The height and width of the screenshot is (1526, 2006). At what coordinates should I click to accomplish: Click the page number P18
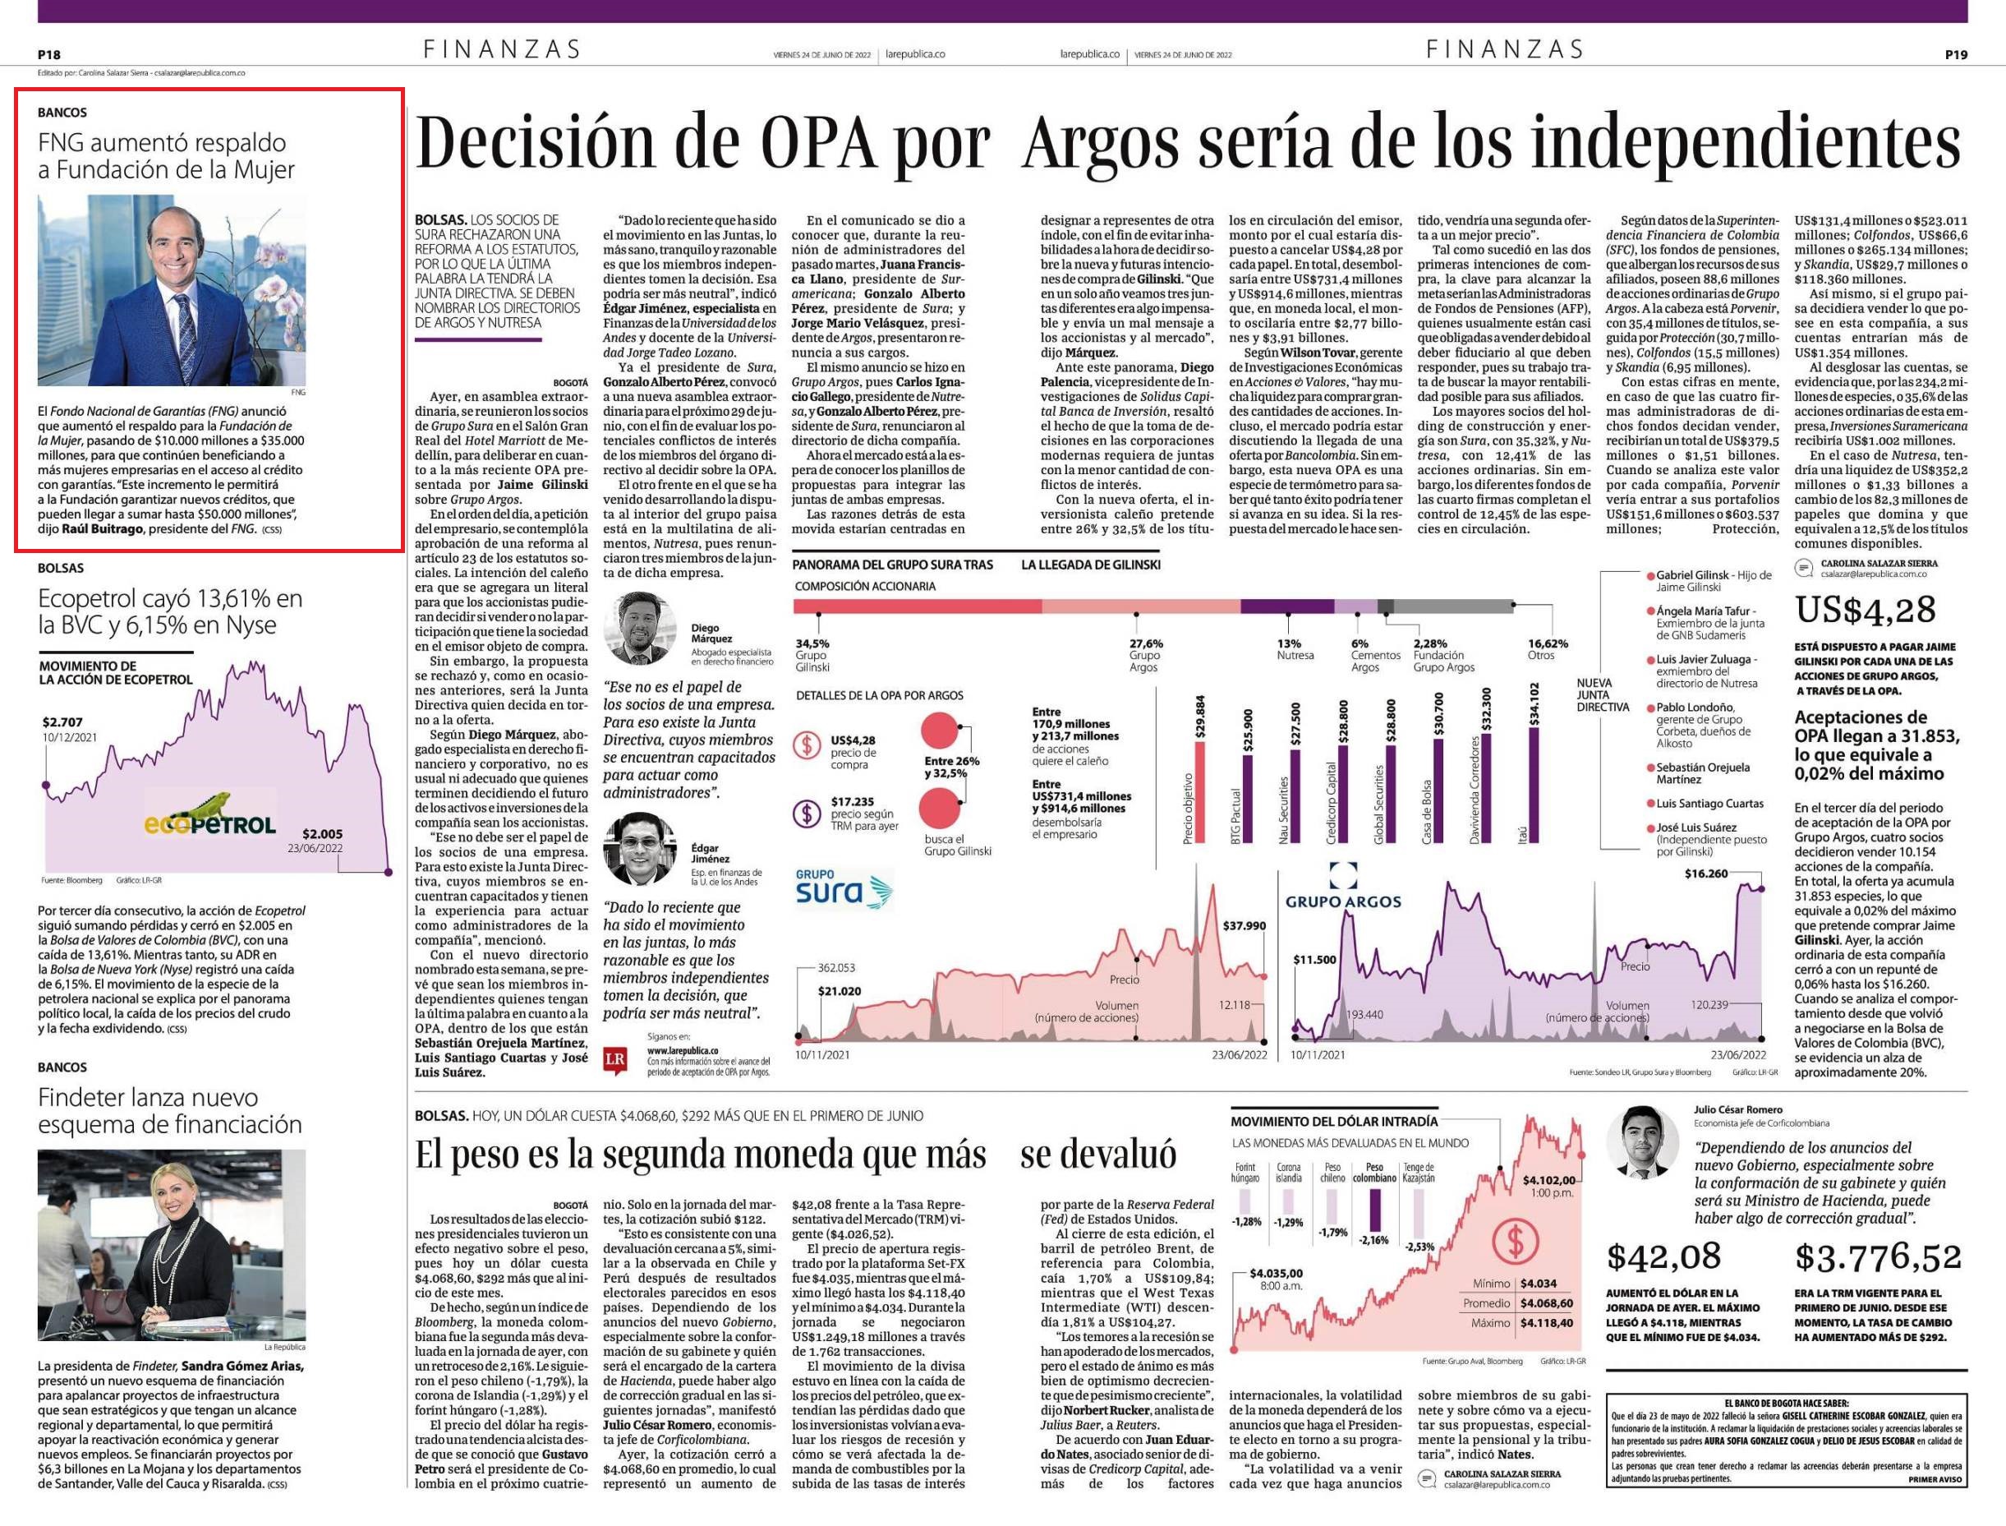pyautogui.click(x=49, y=54)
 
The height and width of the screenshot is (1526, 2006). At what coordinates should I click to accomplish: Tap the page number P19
pyautogui.click(x=1956, y=54)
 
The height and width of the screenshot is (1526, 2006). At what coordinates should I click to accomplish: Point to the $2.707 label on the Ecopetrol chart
pyautogui.click(x=62, y=723)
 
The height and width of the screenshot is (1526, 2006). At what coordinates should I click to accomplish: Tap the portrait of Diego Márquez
pyautogui.click(x=640, y=628)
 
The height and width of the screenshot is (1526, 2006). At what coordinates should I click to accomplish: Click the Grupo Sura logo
pyautogui.click(x=844, y=889)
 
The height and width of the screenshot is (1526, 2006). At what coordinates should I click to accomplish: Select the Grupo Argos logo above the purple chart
pyautogui.click(x=1343, y=887)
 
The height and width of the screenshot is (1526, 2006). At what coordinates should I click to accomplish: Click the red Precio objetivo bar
pyautogui.click(x=1199, y=793)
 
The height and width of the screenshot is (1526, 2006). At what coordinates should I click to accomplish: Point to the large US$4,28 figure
pyautogui.click(x=1866, y=611)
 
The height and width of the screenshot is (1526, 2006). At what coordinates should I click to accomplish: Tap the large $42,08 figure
pyautogui.click(x=1663, y=1257)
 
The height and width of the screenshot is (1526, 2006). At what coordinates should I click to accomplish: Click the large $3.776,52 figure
pyautogui.click(x=1878, y=1258)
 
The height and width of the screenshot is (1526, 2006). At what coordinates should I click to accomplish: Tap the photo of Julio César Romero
pyautogui.click(x=1643, y=1141)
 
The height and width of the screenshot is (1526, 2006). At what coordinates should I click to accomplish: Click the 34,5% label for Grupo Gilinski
pyautogui.click(x=812, y=643)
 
